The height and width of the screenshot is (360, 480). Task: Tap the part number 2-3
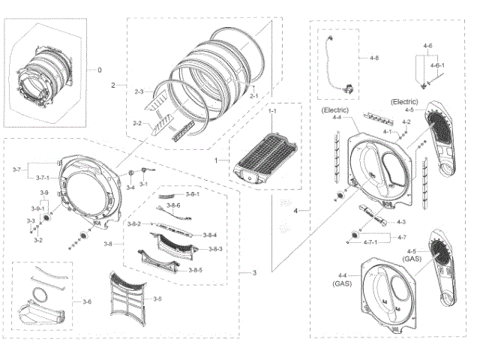[139, 91]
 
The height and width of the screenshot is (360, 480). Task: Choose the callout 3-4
[130, 187]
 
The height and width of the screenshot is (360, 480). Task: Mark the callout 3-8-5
[196, 269]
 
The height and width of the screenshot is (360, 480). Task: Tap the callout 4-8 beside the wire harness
[374, 57]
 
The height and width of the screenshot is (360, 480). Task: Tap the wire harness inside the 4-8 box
[334, 64]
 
